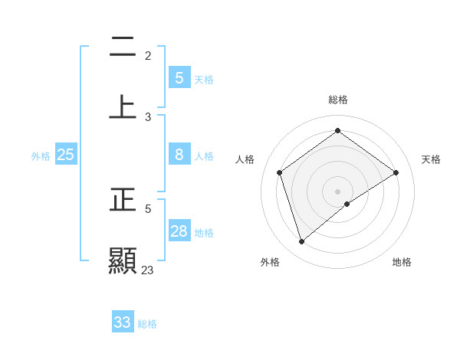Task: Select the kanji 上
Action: coord(123,107)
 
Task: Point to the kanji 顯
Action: coord(123,260)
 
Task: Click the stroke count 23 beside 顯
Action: coord(148,270)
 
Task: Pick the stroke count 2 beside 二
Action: coord(148,55)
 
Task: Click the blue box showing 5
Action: coord(179,77)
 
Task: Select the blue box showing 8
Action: coord(179,154)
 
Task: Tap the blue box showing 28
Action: coord(179,231)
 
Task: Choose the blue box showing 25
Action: coord(65,155)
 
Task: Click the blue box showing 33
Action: coord(123,322)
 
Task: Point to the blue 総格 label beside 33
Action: coord(147,324)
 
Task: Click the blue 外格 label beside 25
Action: coord(41,156)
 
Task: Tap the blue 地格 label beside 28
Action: coord(204,233)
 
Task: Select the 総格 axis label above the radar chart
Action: coord(338,100)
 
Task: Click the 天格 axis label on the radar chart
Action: coord(432,159)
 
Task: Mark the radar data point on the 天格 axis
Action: coord(396,172)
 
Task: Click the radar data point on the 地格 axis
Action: coord(347,204)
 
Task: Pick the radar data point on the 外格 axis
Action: coord(302,242)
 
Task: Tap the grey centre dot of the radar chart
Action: coord(338,191)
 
